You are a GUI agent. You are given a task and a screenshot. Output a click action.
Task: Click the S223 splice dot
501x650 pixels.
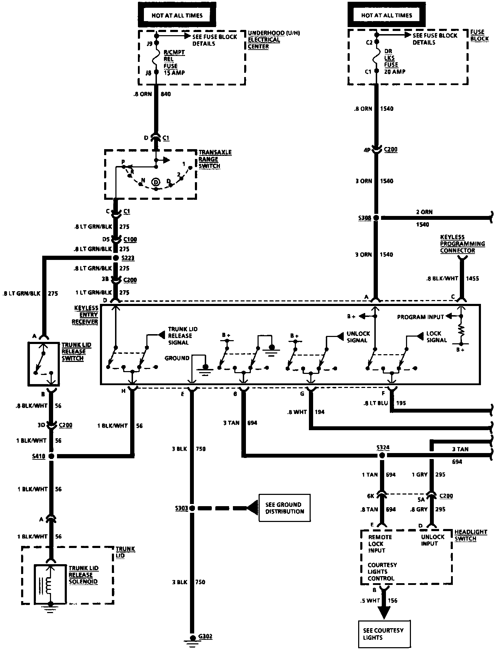pyautogui.click(x=116, y=258)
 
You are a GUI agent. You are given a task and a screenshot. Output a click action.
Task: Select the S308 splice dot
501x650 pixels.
pyautogui.click(x=376, y=218)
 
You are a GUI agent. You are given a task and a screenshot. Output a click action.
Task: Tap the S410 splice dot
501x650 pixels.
pyautogui.click(x=51, y=456)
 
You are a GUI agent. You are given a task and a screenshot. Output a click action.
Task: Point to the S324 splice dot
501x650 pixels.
pyautogui.click(x=382, y=455)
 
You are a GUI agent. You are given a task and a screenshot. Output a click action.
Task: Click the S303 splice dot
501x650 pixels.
pyautogui.click(x=192, y=508)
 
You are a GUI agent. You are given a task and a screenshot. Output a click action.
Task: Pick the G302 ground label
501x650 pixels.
pyautogui.click(x=205, y=637)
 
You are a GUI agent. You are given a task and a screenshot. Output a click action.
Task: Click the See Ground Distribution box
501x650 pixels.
pyautogui.click(x=284, y=508)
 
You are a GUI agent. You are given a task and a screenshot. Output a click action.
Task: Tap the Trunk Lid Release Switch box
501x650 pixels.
pyautogui.click(x=44, y=364)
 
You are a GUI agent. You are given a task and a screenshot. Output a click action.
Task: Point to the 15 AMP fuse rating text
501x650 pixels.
pyautogui.click(x=174, y=73)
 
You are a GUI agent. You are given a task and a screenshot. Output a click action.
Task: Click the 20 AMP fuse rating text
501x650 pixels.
pyautogui.click(x=394, y=71)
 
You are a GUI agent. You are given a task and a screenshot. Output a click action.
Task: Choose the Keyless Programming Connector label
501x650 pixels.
pyautogui.click(x=462, y=244)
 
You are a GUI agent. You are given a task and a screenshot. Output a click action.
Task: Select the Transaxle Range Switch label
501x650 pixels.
pyautogui.click(x=215, y=159)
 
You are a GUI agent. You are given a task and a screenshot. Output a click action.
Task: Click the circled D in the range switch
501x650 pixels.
pyautogui.click(x=156, y=181)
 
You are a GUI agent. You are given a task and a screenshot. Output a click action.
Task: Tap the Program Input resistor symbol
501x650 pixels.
pyautogui.click(x=461, y=330)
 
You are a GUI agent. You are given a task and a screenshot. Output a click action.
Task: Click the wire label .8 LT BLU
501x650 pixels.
pyautogui.click(x=376, y=403)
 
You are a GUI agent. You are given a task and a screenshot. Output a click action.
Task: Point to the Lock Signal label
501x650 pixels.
pyautogui.click(x=437, y=337)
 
